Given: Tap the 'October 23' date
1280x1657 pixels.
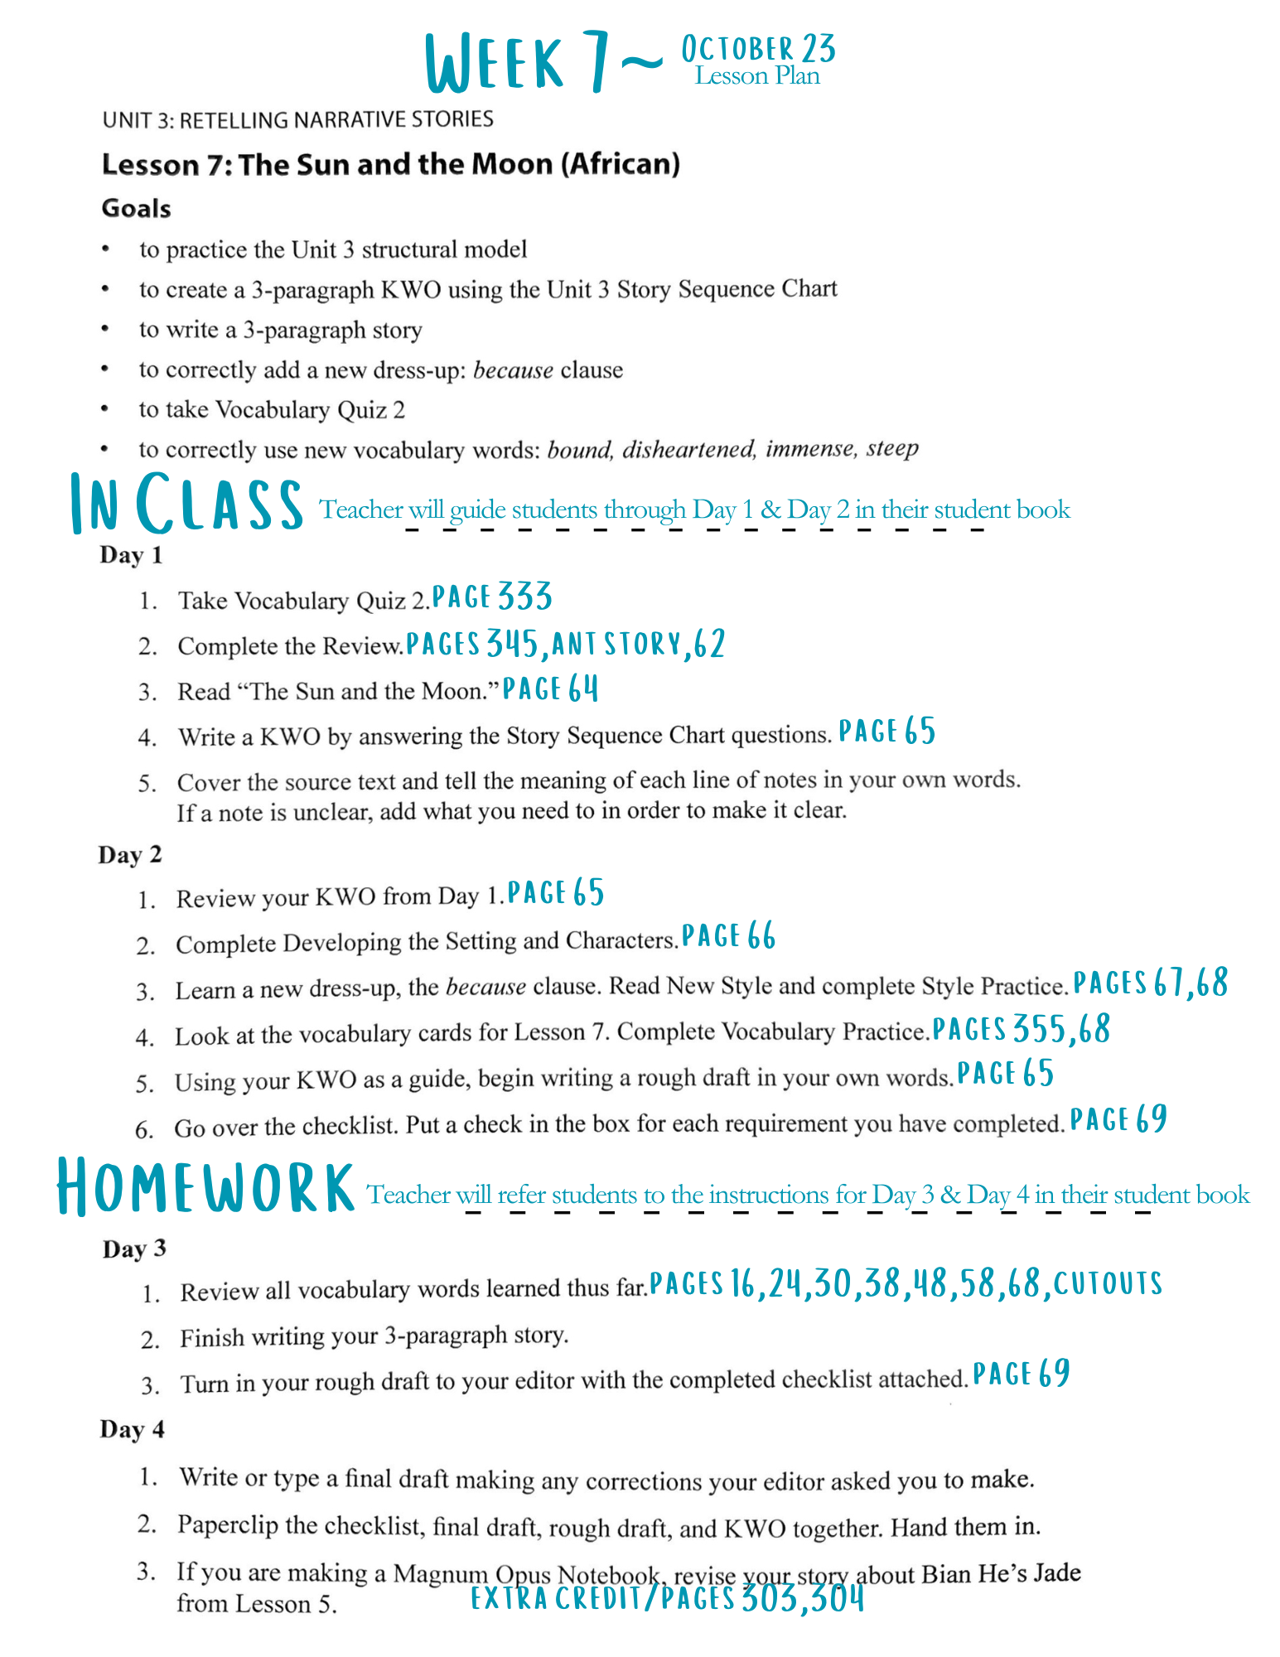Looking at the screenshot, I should coord(757,50).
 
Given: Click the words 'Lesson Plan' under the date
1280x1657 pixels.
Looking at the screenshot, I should coord(757,76).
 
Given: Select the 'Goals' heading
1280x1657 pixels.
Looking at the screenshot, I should coord(136,208).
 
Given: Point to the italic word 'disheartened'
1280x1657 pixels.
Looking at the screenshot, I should coord(688,449).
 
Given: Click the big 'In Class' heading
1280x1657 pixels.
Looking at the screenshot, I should coord(186,504).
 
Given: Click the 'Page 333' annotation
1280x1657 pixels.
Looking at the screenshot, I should coord(492,597).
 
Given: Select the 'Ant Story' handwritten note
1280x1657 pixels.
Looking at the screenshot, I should coord(617,644).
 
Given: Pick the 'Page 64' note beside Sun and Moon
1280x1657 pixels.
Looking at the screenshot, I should coord(550,688).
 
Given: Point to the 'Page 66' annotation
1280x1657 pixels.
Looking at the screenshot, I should coord(728,936).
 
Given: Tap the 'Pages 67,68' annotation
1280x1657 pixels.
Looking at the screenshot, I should coord(1150,983).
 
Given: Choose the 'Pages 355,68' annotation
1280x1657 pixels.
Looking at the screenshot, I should coord(1021,1029).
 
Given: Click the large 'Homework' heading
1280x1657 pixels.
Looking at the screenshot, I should coord(205,1189).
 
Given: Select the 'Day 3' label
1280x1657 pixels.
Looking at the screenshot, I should coord(134,1249).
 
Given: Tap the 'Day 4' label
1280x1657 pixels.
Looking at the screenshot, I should coord(132,1429).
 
